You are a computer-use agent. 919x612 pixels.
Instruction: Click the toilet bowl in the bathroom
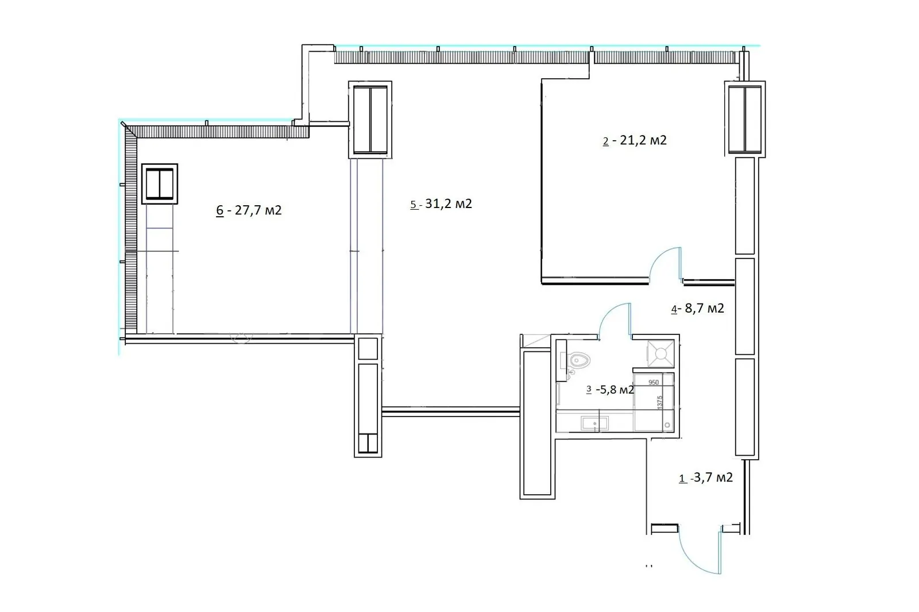click(x=580, y=361)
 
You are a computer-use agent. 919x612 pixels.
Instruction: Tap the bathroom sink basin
click(x=594, y=423)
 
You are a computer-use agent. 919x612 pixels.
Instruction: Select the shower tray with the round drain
click(x=661, y=353)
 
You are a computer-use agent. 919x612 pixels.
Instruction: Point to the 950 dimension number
click(x=654, y=383)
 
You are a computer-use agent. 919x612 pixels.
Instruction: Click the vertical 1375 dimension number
click(x=660, y=402)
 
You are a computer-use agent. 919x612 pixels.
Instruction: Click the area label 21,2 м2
click(x=643, y=140)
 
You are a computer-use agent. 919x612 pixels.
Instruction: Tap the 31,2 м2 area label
click(x=449, y=203)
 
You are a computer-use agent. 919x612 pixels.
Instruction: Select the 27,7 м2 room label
click(x=258, y=210)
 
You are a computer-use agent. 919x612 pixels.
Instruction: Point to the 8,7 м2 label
click(x=704, y=308)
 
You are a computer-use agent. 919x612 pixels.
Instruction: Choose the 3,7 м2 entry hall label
click(x=713, y=478)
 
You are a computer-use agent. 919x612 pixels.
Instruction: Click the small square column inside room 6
click(x=160, y=184)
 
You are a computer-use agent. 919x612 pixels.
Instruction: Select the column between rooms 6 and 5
click(x=370, y=120)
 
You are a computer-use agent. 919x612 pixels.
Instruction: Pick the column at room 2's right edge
click(x=744, y=119)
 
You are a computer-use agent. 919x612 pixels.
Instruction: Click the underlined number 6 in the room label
click(x=220, y=211)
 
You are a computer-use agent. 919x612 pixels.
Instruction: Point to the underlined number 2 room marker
click(x=606, y=141)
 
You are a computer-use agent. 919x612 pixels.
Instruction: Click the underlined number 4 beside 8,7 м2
click(x=674, y=309)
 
